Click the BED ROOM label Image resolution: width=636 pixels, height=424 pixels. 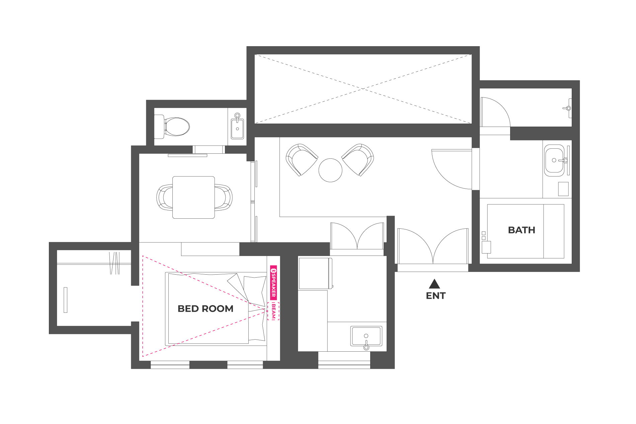pyautogui.click(x=205, y=308)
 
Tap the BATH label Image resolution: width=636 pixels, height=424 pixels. pyautogui.click(x=522, y=230)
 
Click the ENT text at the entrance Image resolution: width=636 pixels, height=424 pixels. pyautogui.click(x=435, y=296)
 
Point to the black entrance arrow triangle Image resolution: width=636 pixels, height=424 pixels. pyautogui.click(x=434, y=284)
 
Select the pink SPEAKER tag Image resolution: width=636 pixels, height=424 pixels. pyautogui.click(x=273, y=283)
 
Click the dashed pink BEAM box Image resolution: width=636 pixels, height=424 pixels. pyautogui.click(x=273, y=311)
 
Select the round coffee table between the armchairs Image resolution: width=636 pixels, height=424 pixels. pyautogui.click(x=330, y=170)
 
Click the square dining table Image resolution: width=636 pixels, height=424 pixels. pyautogui.click(x=193, y=198)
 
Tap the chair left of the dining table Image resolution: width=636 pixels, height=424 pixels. pyautogui.click(x=165, y=198)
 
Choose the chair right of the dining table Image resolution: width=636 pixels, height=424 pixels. pyautogui.click(x=223, y=198)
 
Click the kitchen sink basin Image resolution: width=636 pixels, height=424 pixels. pyautogui.click(x=366, y=336)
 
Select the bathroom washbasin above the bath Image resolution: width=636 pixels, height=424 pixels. pyautogui.click(x=554, y=160)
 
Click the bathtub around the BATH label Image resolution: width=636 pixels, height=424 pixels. pyautogui.click(x=526, y=231)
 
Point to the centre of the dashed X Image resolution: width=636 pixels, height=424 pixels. pyautogui.click(x=363, y=89)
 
